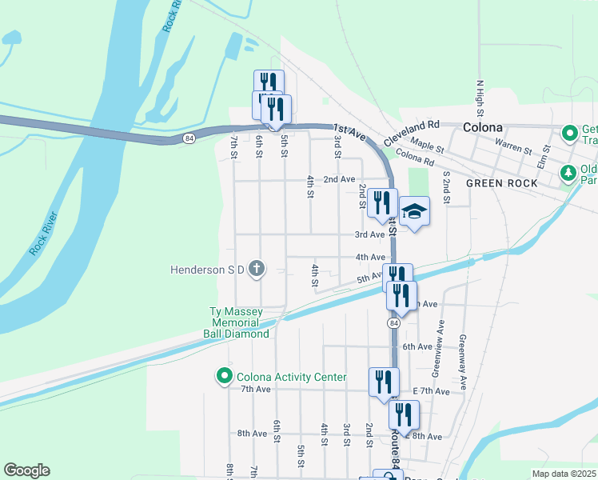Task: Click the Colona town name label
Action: [482, 127]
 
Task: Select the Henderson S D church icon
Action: [256, 269]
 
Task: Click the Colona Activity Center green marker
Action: [223, 376]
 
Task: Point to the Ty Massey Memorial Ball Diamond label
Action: [236, 322]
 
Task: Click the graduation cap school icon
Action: [415, 212]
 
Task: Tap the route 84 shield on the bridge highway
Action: [189, 138]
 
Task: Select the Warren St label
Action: [513, 148]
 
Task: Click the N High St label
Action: [480, 99]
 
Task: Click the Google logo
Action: [26, 470]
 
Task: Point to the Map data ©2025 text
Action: [564, 474]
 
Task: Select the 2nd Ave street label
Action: [339, 179]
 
